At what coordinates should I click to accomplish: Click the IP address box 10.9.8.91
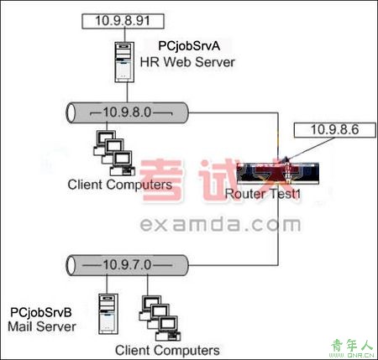123,21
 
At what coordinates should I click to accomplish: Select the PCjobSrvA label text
189,46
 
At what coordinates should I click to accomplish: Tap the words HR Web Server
187,62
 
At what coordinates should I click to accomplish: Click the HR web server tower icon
124,62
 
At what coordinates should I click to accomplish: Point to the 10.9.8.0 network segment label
127,112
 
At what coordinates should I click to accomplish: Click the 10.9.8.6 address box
334,130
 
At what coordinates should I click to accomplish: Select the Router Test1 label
262,194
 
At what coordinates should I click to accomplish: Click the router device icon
278,173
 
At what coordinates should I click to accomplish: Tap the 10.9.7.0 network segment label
127,264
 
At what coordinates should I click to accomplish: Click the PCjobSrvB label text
41,312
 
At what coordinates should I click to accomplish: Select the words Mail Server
42,326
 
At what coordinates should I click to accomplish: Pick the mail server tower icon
108,314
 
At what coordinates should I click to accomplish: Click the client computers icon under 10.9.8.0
114,153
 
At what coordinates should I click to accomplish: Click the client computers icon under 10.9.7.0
160,318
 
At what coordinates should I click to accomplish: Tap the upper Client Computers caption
120,185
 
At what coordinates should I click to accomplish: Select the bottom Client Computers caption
167,350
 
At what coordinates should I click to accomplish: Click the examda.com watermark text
220,225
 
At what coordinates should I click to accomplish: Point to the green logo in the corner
353,348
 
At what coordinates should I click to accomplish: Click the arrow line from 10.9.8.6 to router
310,149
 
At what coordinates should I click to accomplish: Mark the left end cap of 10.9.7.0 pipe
71,265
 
